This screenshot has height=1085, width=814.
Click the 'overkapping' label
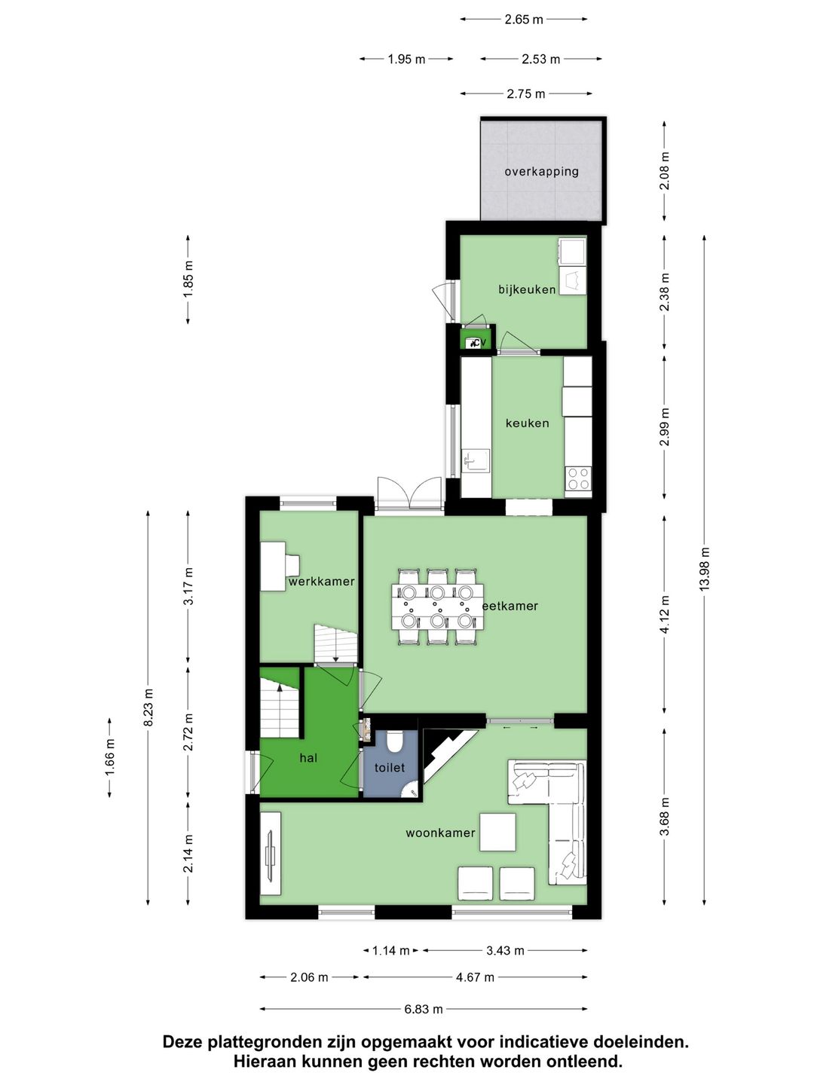pos(541,171)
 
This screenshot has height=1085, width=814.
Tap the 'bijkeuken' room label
pos(527,289)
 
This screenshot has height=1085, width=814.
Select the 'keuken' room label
pos(527,423)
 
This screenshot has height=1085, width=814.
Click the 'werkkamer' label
pos(321,582)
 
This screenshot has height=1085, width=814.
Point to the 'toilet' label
pos(390,768)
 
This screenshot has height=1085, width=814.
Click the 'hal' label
pos(308,758)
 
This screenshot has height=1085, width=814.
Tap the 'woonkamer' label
pos(440,833)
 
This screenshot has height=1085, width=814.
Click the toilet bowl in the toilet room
pos(394,743)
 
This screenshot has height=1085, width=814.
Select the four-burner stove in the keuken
pos(578,478)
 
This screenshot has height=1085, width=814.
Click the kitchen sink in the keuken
pos(476,460)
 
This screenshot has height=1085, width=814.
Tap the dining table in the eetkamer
pos(436,607)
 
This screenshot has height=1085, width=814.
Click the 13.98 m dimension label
pos(705,569)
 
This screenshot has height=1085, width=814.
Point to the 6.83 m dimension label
pos(423,1009)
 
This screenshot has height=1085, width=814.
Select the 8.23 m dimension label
pos(148,708)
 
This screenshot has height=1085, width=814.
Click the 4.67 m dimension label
pos(475,977)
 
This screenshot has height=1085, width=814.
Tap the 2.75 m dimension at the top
pos(525,94)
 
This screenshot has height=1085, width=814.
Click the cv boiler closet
pos(476,342)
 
